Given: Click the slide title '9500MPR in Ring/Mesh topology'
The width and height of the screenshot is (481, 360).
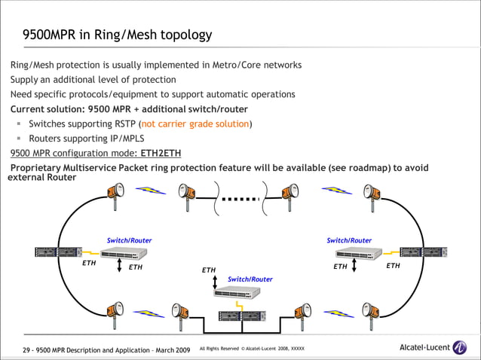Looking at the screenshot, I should click(117, 35).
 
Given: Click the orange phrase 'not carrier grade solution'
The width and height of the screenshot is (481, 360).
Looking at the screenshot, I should click(195, 124).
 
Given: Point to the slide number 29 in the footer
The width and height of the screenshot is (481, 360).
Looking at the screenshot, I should click(27, 350).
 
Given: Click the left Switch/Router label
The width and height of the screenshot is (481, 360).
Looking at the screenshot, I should click(129, 240).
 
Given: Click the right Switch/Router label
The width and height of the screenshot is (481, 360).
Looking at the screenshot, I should click(349, 240).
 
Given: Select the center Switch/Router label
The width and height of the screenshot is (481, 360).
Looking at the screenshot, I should click(250, 279).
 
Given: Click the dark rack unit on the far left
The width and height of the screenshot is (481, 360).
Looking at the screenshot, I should click(58, 252).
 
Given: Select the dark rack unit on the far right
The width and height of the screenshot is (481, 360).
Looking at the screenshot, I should click(423, 252).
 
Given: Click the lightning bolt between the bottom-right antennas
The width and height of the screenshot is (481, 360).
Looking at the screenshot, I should click(335, 311).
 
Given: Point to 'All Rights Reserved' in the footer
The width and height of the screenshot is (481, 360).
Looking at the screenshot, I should click(219, 349).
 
